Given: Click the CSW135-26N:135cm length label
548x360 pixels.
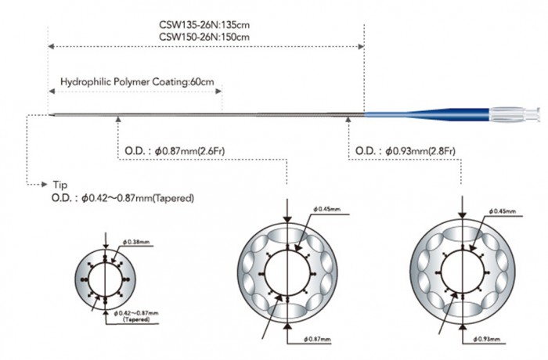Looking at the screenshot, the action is (x=204, y=25).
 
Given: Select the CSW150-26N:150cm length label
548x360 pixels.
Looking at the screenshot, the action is (x=204, y=37).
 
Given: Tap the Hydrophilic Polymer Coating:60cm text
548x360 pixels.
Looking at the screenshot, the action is (x=137, y=82).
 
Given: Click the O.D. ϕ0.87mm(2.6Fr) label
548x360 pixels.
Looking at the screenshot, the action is (x=175, y=151).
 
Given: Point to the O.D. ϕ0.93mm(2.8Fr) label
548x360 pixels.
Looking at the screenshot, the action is (x=406, y=151).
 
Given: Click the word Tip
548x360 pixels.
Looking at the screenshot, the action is (x=60, y=185).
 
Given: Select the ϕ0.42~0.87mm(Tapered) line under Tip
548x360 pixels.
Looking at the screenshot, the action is (x=123, y=198).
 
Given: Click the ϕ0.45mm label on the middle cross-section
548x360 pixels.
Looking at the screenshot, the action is (x=327, y=210).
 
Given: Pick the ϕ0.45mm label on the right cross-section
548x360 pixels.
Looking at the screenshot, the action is (x=503, y=211).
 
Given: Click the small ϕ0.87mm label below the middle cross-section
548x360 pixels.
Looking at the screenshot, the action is (x=317, y=340).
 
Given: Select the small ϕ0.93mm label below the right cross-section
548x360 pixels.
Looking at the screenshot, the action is (x=487, y=340).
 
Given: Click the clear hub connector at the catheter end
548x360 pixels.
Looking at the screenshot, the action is (x=514, y=114).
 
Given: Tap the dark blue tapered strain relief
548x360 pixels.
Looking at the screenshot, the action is (x=447, y=113).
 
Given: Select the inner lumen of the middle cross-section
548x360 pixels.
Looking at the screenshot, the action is (x=287, y=273).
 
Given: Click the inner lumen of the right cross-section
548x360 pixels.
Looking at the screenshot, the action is (x=463, y=271).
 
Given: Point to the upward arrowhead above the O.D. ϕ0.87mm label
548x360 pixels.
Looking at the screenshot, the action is (x=118, y=119).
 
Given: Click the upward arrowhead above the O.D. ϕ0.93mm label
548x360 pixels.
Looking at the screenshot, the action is (x=348, y=119).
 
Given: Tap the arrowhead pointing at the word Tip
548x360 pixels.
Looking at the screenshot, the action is (x=45, y=184).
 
